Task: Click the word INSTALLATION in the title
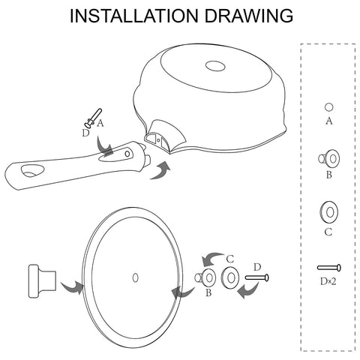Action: [133, 16]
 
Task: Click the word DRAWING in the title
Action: [249, 16]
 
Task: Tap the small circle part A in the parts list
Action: [328, 107]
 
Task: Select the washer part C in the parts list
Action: [328, 212]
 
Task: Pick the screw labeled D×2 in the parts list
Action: [329, 268]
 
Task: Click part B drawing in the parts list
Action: [329, 159]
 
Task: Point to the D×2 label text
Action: [328, 281]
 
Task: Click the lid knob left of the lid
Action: [42, 281]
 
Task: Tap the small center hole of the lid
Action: [135, 277]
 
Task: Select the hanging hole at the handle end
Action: [32, 171]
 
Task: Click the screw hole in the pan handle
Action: [127, 153]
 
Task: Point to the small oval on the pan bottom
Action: [215, 66]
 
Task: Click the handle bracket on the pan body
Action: [165, 135]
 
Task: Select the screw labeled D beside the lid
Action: [257, 277]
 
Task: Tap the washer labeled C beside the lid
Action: [230, 277]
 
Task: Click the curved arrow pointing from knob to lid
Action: [72, 287]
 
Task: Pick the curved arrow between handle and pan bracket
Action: [160, 171]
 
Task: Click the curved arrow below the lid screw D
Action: [248, 290]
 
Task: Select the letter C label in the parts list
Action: [328, 232]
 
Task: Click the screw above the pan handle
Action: [93, 118]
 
